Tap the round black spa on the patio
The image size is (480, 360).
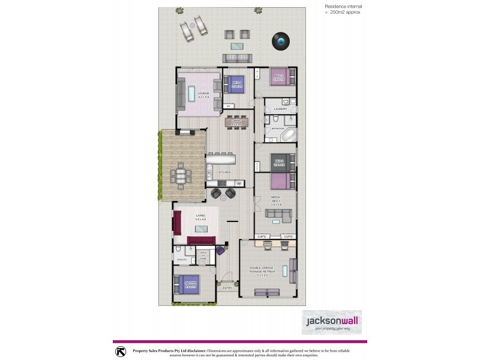tap(280, 40)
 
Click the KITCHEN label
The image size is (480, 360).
tap(224, 172)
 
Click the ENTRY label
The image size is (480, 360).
tap(227, 288)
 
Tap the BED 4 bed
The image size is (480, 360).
tap(233, 83)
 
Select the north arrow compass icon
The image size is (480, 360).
tap(121, 350)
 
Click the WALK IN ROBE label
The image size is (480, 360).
tap(203, 257)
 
